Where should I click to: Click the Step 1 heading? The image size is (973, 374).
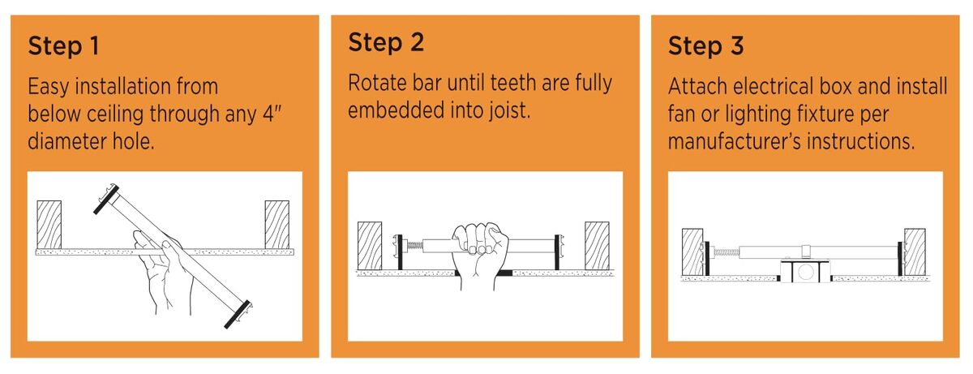click(x=63, y=46)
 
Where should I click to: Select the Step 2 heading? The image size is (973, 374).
click(x=386, y=42)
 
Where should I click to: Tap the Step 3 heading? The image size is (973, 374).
click(x=706, y=46)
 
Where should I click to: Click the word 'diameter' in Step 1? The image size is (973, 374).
click(x=66, y=141)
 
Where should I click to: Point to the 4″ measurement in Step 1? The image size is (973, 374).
click(x=272, y=114)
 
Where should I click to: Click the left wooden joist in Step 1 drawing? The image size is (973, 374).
click(x=49, y=225)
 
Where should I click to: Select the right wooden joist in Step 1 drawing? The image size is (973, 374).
click(x=277, y=225)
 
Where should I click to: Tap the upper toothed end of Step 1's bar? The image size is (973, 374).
click(x=106, y=199)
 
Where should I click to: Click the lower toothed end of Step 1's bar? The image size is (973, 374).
click(x=238, y=314)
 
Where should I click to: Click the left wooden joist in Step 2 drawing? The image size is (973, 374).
click(x=370, y=246)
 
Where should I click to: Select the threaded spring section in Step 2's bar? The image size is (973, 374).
click(x=414, y=246)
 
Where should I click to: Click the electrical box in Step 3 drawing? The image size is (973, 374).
click(x=805, y=272)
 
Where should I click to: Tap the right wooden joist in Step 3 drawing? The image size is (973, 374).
click(x=915, y=252)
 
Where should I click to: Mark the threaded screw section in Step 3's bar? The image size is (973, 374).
click(x=726, y=251)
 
